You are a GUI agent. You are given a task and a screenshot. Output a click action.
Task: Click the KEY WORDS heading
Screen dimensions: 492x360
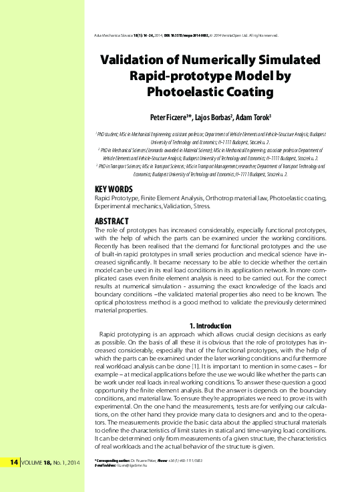pos(114,189)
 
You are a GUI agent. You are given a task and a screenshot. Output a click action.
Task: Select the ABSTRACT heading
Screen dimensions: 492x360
pos(112,220)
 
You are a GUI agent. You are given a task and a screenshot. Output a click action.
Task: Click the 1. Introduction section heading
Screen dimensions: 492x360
pos(212,325)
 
